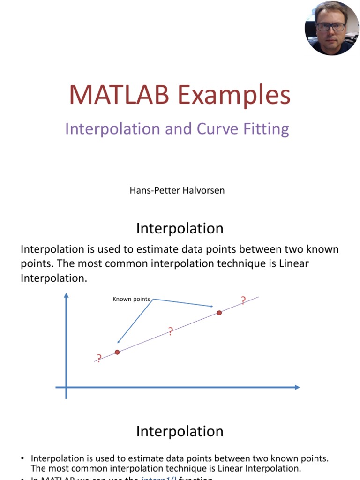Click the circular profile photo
click(x=332, y=28)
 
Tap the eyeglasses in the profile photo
click(x=330, y=27)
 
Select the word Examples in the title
click(x=234, y=95)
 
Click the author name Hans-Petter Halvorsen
click(x=177, y=191)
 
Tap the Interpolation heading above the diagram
click(x=180, y=228)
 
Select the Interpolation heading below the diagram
click(x=180, y=431)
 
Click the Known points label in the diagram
click(x=131, y=299)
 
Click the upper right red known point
click(x=219, y=313)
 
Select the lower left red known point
click(x=117, y=352)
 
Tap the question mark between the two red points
click(x=171, y=332)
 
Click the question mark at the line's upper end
click(x=243, y=301)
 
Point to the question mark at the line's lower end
click(x=99, y=359)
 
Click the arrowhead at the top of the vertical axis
click(x=66, y=296)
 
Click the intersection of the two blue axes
click(x=66, y=387)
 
